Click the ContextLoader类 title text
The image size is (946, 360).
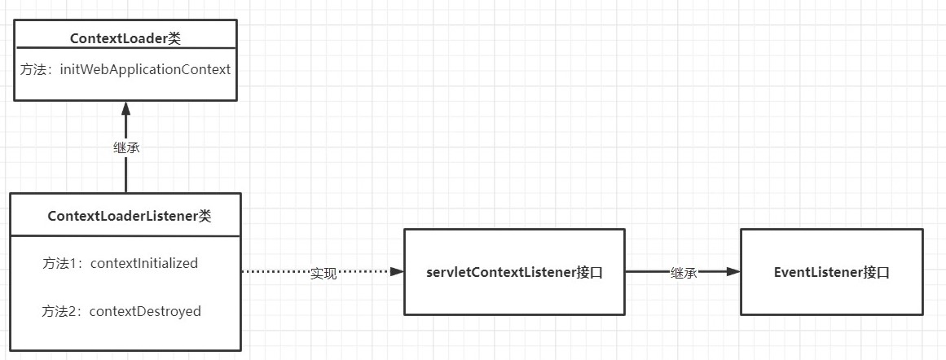click(125, 38)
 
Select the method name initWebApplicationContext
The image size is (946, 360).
click(145, 69)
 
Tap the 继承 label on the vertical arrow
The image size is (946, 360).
click(125, 148)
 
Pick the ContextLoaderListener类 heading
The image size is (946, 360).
click(129, 216)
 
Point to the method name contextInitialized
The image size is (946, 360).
click(143, 263)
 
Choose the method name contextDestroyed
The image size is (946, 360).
click(145, 310)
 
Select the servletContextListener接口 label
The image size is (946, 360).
click(514, 273)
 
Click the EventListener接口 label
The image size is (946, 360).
click(831, 273)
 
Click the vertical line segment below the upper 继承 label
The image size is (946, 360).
click(125, 175)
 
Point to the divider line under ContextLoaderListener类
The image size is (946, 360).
click(125, 236)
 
